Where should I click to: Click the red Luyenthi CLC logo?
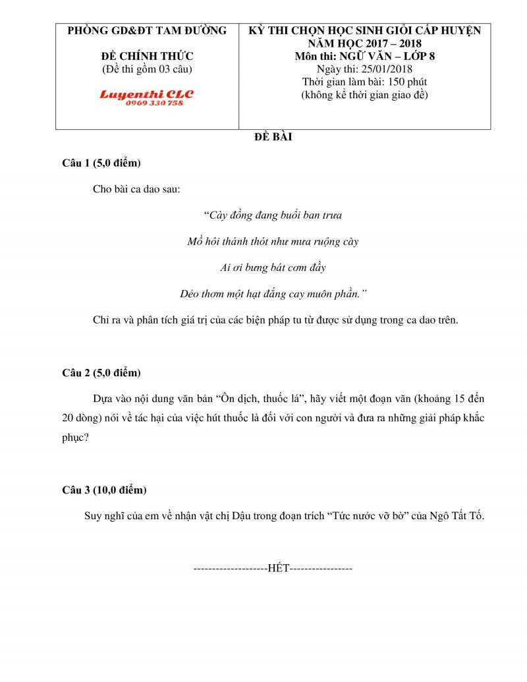click(x=146, y=94)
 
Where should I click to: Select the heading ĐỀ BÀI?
click(x=273, y=138)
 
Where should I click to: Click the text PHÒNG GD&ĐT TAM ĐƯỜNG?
click(x=147, y=30)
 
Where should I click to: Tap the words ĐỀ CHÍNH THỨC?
click(x=147, y=57)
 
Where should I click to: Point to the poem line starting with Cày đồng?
click(x=273, y=215)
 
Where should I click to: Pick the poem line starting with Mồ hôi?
click(x=273, y=242)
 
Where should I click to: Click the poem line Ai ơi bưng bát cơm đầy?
click(x=273, y=268)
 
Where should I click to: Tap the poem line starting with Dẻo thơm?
click(x=273, y=294)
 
